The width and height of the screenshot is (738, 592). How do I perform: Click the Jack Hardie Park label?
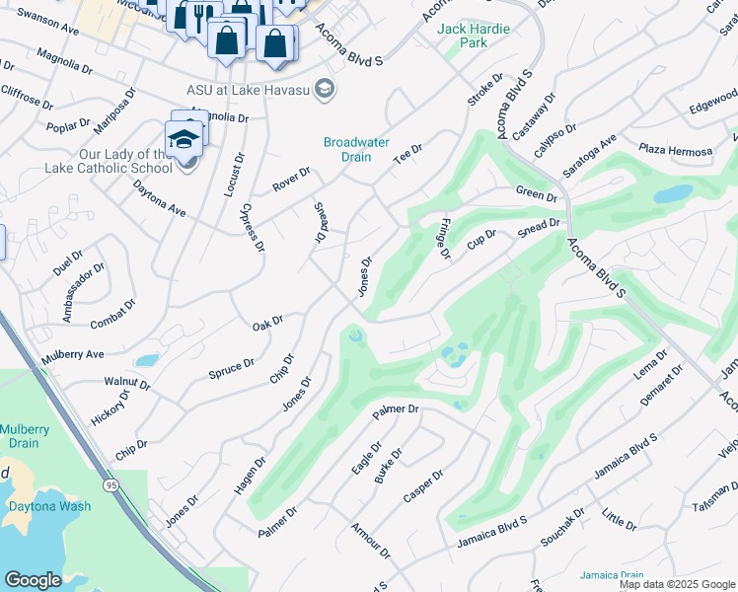[474, 36]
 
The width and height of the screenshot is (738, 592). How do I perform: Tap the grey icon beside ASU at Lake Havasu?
[327, 90]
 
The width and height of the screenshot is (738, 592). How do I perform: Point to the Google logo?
[33, 580]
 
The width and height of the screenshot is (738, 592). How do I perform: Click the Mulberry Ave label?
[72, 354]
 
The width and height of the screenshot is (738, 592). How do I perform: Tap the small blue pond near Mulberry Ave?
[146, 360]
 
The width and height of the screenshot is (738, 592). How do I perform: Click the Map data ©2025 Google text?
[676, 584]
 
